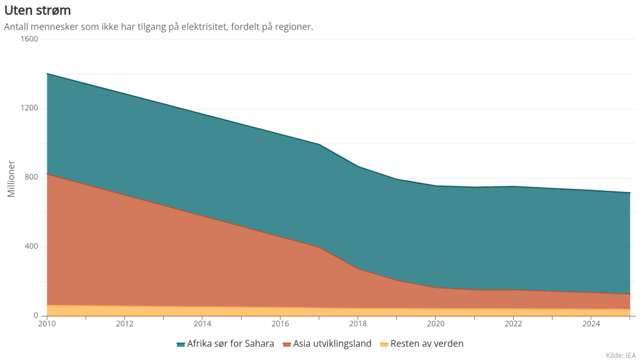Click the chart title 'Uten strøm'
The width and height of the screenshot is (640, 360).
(37, 10)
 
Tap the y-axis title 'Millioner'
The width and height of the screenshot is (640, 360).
(11, 179)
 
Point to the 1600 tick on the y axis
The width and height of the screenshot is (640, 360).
(29, 39)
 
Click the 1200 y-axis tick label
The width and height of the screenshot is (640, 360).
(29, 108)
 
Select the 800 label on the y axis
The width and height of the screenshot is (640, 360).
(31, 177)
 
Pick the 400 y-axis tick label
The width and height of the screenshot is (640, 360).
(31, 246)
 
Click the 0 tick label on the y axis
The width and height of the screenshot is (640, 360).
(36, 316)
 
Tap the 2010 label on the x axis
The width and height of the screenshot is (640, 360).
(47, 324)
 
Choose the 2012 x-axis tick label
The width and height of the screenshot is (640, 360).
(125, 324)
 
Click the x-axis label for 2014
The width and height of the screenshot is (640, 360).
(202, 324)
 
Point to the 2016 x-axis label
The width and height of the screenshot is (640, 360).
(280, 324)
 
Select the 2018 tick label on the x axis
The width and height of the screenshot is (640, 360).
(358, 324)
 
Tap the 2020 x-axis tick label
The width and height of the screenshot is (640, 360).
(436, 324)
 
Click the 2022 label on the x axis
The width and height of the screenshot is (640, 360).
(513, 324)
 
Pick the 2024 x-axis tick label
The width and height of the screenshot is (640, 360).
(591, 324)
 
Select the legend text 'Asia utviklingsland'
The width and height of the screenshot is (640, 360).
(332, 344)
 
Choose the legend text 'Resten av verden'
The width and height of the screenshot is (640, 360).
(427, 344)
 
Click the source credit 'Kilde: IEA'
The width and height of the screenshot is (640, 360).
(621, 355)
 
